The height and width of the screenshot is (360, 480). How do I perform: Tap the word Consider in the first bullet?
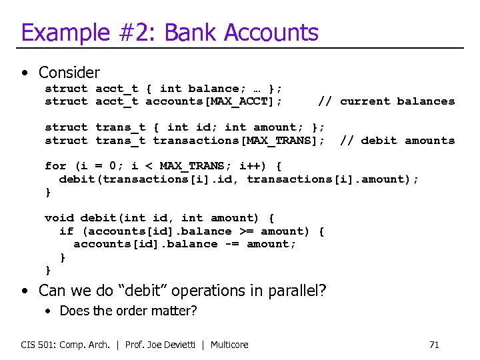click(69, 72)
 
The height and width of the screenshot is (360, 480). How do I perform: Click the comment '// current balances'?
click(386, 101)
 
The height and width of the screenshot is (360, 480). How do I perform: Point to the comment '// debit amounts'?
click(397, 141)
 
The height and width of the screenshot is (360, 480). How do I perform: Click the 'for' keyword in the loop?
click(55, 166)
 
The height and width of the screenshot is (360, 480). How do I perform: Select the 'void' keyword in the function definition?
click(59, 218)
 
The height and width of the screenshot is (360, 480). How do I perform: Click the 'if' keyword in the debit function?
click(66, 231)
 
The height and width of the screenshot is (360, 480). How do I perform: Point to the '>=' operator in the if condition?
click(246, 231)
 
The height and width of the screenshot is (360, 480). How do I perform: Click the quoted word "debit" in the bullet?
click(149, 291)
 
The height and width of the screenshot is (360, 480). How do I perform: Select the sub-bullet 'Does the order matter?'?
click(128, 311)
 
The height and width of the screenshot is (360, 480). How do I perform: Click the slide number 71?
click(434, 345)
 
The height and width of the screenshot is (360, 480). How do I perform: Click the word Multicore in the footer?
click(229, 345)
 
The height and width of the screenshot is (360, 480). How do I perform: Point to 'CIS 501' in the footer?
click(35, 345)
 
